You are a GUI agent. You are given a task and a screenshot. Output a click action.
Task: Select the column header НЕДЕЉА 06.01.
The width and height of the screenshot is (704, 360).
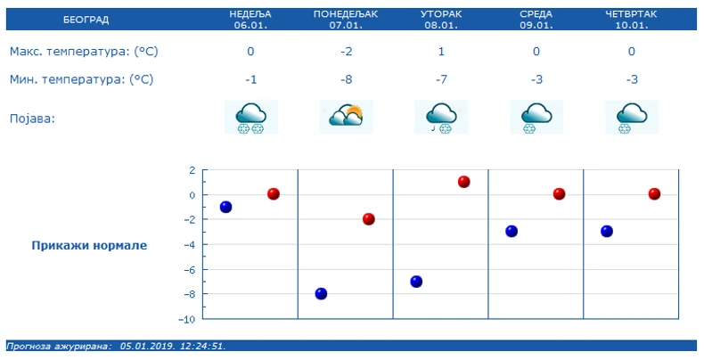click(x=250, y=19)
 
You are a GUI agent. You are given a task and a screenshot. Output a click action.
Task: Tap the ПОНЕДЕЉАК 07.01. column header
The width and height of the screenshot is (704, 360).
click(x=346, y=19)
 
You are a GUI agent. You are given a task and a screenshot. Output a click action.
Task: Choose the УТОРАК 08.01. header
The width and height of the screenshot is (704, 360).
click(x=440, y=19)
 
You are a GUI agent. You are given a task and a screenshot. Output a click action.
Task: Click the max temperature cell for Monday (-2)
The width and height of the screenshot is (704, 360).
click(x=346, y=52)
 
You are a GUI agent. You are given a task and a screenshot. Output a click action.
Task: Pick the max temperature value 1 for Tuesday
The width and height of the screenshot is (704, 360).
click(x=441, y=52)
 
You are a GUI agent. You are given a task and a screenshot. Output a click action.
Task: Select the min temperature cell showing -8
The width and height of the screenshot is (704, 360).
click(x=346, y=79)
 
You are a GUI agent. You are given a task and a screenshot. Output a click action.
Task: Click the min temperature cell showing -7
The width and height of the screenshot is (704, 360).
click(x=441, y=79)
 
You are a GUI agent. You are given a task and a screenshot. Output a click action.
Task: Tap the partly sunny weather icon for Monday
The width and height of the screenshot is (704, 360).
click(x=346, y=117)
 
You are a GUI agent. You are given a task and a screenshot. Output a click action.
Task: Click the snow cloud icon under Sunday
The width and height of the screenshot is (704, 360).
click(x=250, y=117)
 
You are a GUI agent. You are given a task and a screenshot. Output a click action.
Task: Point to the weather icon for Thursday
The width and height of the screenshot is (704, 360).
click(x=632, y=117)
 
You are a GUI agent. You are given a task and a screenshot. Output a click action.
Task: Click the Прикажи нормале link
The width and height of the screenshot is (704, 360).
click(x=89, y=245)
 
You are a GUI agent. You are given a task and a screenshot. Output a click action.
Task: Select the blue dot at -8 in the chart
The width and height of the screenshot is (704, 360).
click(x=321, y=293)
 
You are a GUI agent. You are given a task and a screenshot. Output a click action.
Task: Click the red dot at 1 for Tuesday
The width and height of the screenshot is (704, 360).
click(x=464, y=182)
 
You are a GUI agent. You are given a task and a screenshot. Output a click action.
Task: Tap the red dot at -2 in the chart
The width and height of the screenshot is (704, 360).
click(x=369, y=219)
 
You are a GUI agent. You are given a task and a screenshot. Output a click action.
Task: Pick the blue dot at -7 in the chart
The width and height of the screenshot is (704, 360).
click(x=416, y=282)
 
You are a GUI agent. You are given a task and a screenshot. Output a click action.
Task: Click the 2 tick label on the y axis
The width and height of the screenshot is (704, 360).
click(x=192, y=169)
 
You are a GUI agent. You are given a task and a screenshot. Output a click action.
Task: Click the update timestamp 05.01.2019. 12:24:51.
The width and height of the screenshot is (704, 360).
click(x=173, y=346)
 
